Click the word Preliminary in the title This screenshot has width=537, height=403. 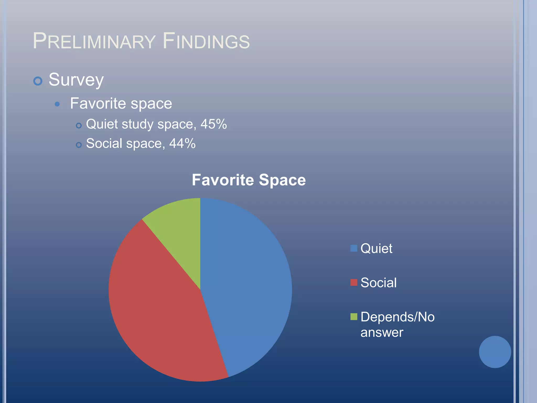tap(94, 41)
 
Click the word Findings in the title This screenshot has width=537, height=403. tap(206, 41)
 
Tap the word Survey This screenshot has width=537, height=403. tap(76, 80)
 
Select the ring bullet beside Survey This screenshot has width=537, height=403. tap(38, 81)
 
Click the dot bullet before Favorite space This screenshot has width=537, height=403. tap(57, 104)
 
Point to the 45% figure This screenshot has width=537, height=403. tap(214, 124)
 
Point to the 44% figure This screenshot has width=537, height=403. tap(182, 144)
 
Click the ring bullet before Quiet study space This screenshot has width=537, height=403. tap(79, 126)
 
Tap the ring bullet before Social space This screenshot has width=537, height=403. tap(79, 145)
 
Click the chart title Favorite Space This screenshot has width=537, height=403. tap(249, 180)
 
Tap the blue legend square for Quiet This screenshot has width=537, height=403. tap(354, 248)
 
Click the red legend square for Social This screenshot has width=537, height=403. tap(354, 283)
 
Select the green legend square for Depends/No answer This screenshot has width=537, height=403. tap(354, 317)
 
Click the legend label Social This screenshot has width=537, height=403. tap(378, 283)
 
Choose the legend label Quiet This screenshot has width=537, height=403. tap(376, 248)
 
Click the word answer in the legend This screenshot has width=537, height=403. tap(382, 332)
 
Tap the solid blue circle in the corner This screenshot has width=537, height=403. tap(495, 352)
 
